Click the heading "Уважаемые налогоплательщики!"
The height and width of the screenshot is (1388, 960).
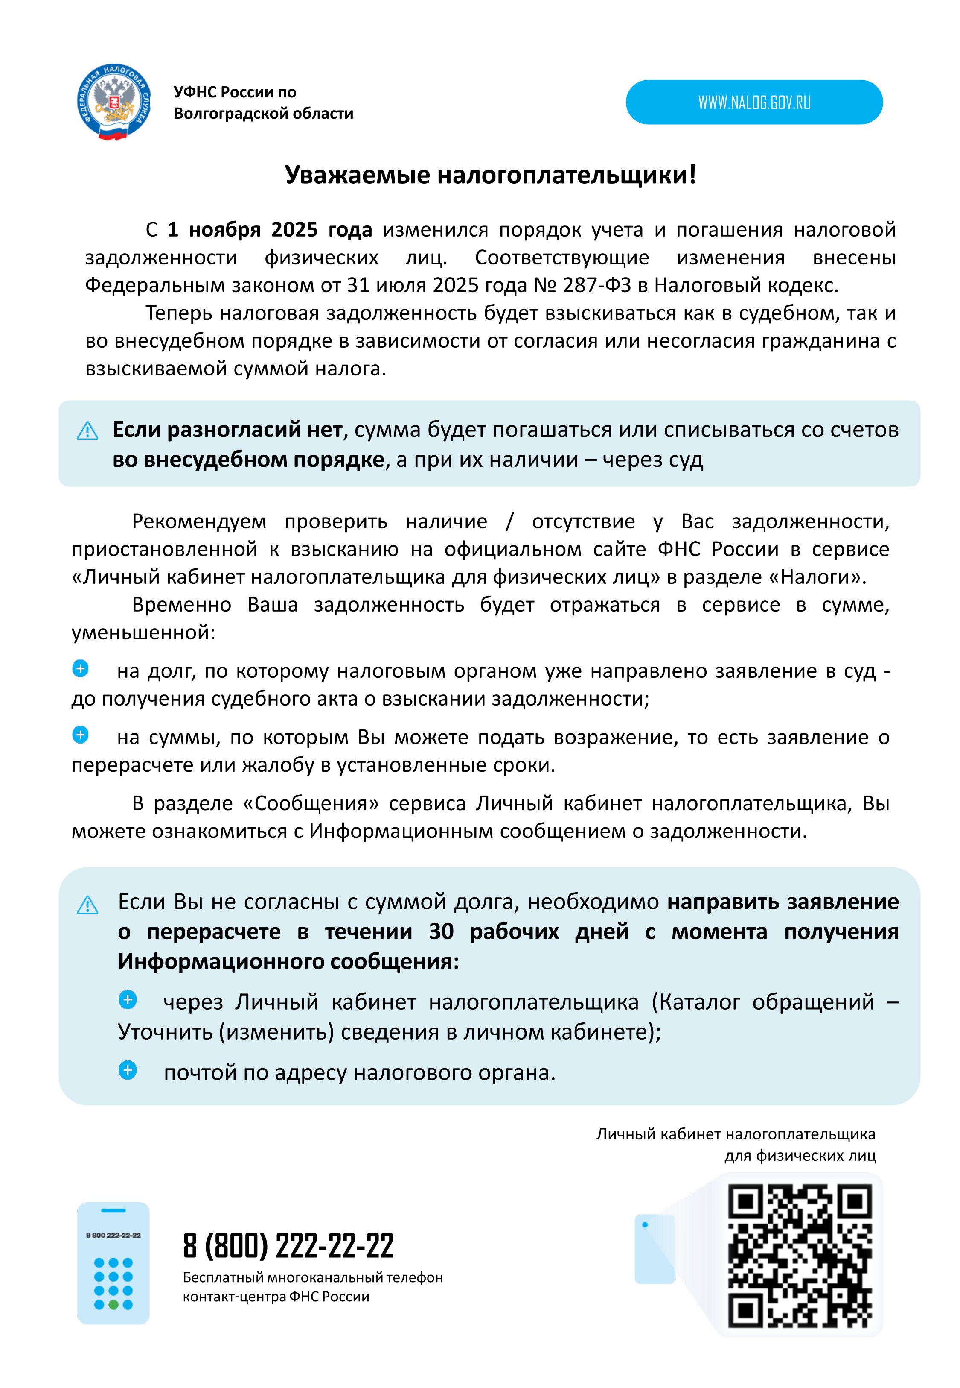(490, 175)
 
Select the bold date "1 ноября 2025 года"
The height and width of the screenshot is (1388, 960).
(270, 229)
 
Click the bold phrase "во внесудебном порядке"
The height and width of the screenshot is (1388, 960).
(248, 459)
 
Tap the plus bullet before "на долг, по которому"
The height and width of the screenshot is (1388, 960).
(80, 669)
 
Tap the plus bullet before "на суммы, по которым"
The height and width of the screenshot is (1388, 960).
(80, 735)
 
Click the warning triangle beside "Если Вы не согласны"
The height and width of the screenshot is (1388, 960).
(88, 905)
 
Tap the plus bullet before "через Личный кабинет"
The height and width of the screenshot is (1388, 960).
(128, 1000)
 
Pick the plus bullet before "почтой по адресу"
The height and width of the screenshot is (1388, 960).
(128, 1070)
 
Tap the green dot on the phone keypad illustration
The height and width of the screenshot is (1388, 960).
(113, 1305)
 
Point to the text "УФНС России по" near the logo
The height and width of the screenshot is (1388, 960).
(235, 92)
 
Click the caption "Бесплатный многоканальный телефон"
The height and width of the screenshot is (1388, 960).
(312, 1277)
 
